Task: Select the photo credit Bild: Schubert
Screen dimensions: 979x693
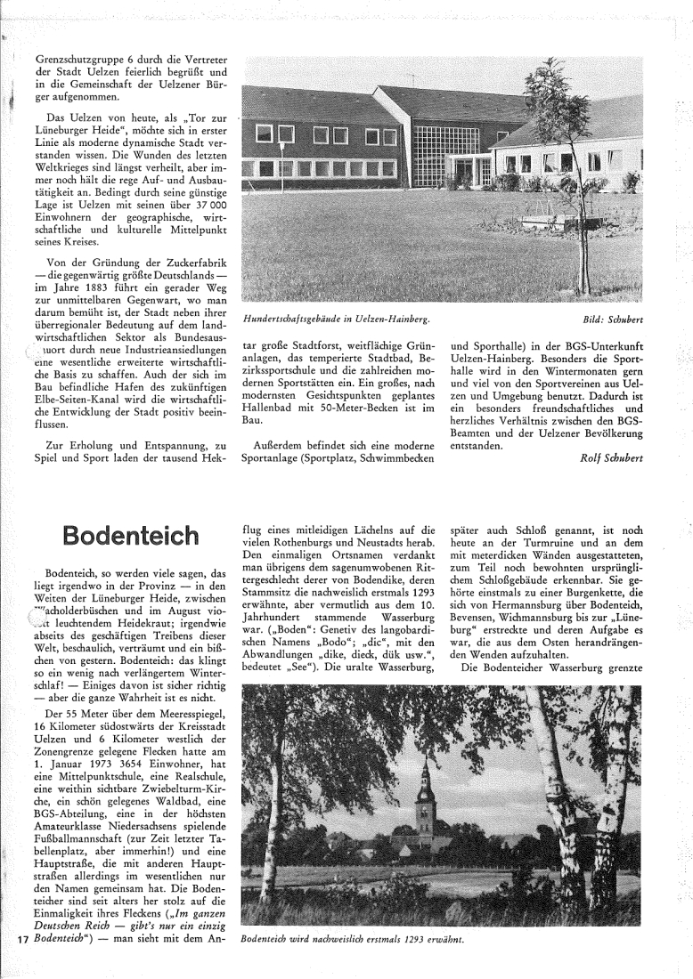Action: (x=612, y=318)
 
